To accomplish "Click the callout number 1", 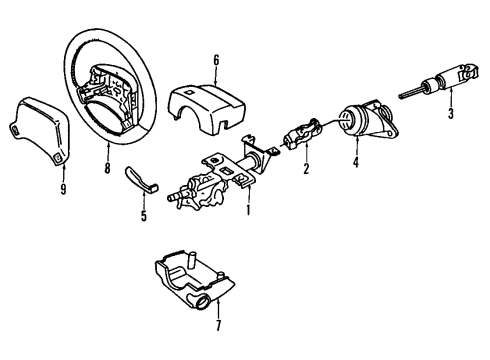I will pos(250,212).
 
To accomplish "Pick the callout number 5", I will pos(143,213).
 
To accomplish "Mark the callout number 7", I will pos(220,324).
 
